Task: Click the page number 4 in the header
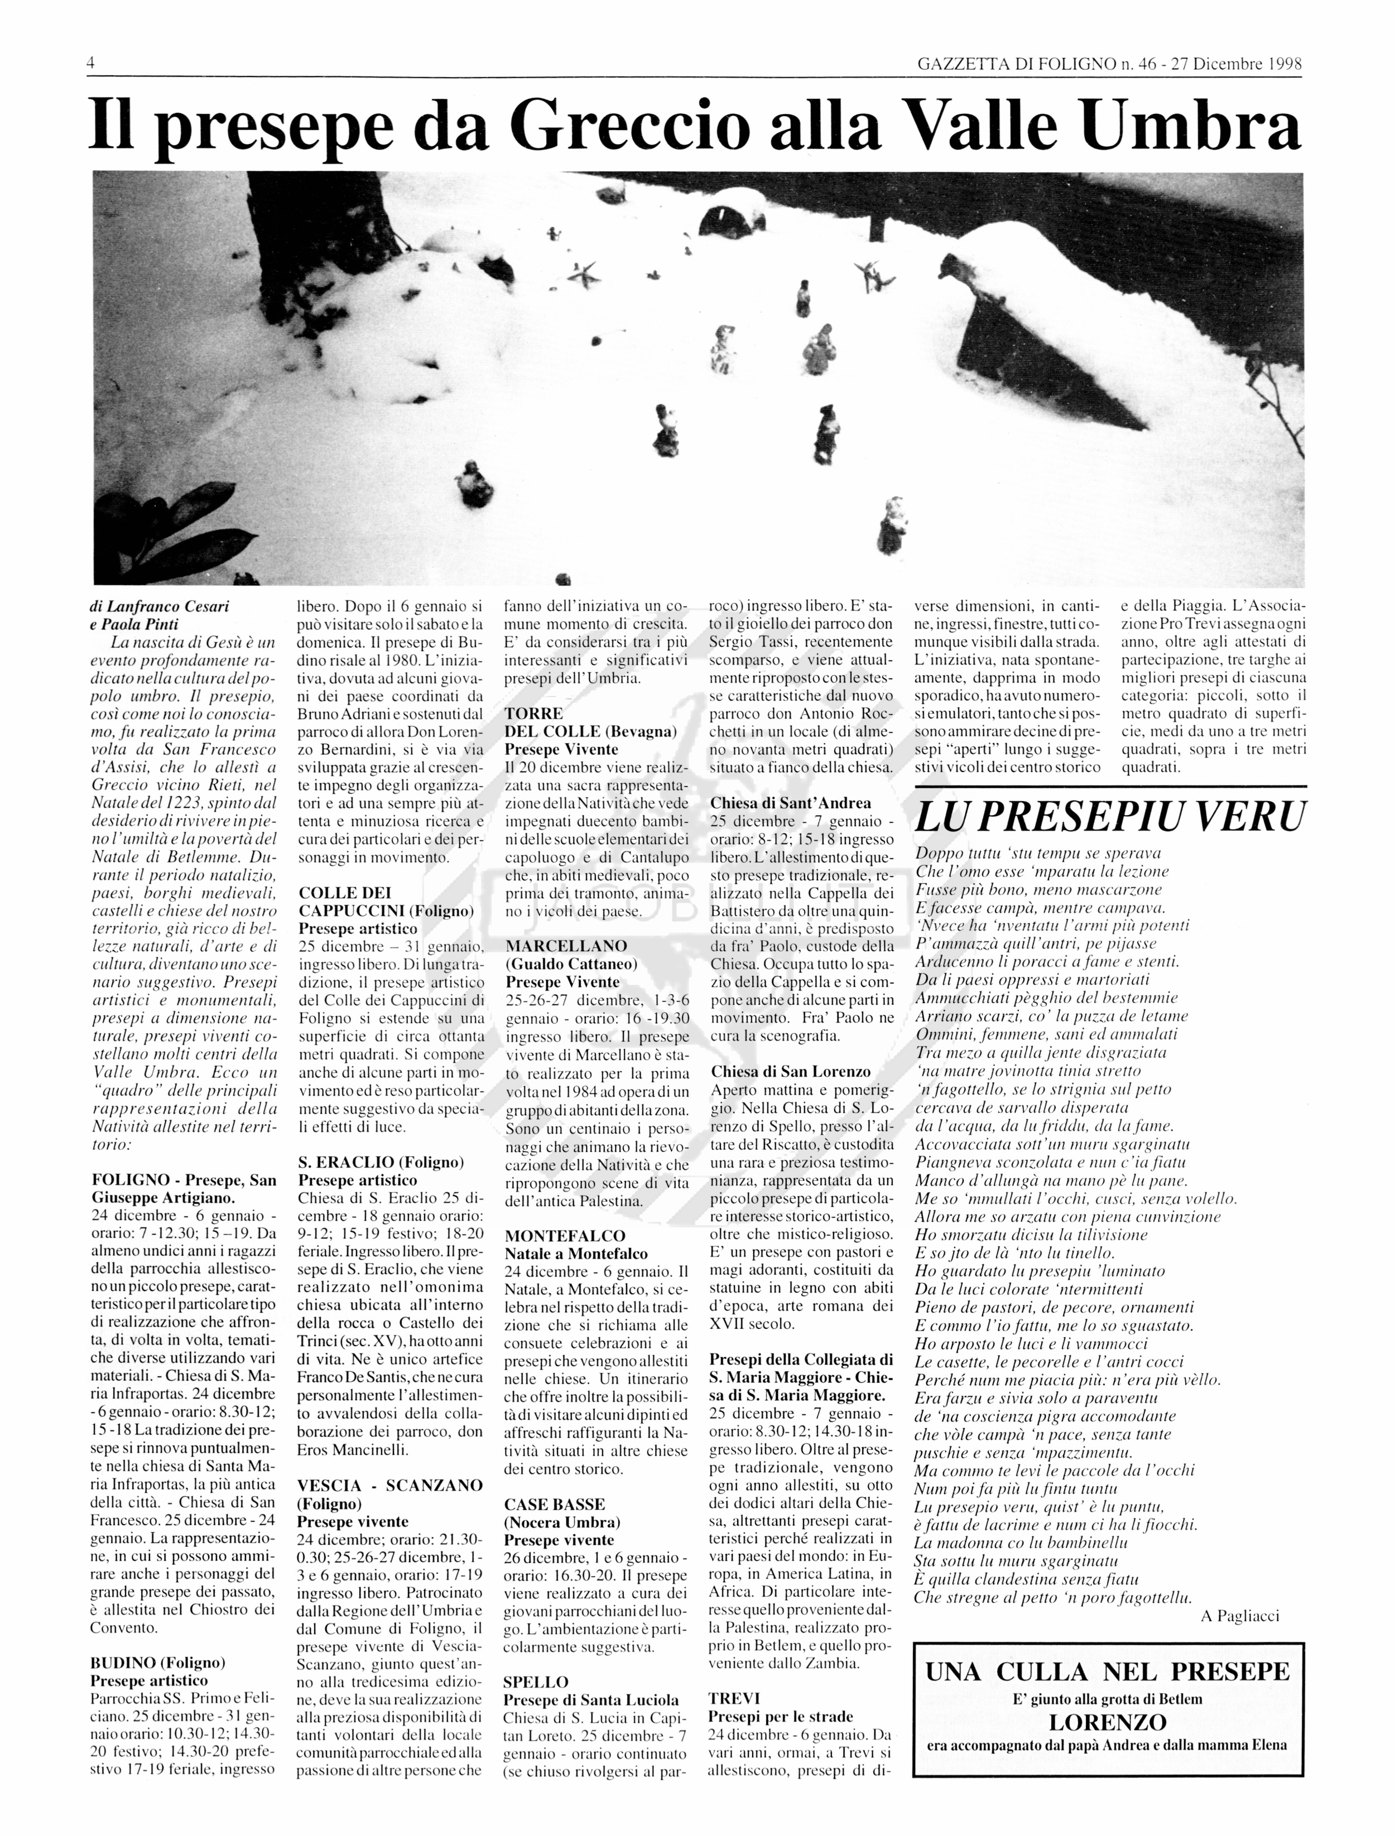[x=90, y=64]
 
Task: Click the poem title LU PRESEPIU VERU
[x=1109, y=817]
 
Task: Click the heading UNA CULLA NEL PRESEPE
[x=1108, y=1673]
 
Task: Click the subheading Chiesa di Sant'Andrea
[x=791, y=803]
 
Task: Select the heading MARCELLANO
[x=566, y=946]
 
